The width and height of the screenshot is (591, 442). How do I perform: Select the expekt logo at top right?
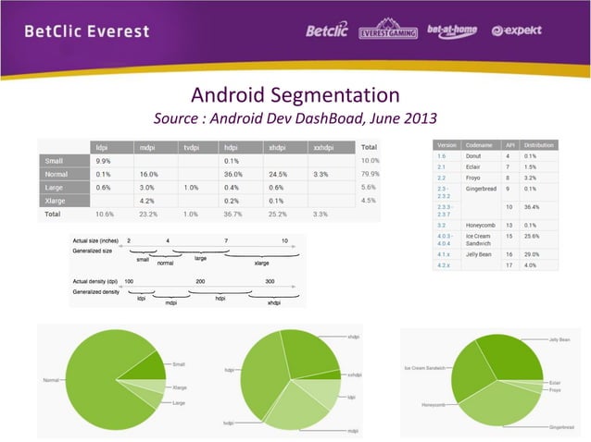point(517,31)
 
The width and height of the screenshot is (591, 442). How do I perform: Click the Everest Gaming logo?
point(387,30)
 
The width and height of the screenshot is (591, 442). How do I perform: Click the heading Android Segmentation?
point(295,95)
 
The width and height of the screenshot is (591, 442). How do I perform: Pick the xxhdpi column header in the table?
point(325,146)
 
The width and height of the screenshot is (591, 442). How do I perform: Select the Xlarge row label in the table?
point(55,200)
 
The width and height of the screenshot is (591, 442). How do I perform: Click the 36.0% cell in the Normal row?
point(233,173)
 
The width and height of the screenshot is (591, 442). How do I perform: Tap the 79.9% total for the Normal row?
point(369,173)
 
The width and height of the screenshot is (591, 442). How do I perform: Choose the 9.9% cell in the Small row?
point(104,160)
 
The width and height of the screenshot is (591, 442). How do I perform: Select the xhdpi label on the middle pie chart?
point(354,337)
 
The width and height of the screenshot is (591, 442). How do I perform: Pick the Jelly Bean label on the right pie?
point(560,340)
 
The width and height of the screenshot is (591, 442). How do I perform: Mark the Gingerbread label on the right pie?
point(560,427)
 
